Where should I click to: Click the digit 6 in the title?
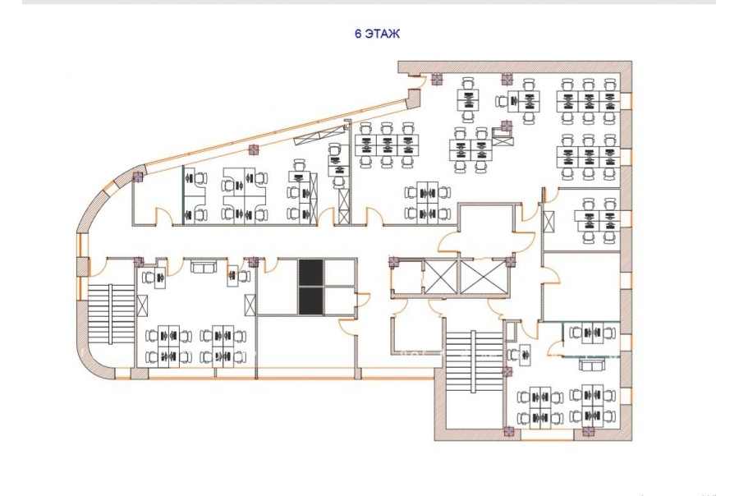point(358,34)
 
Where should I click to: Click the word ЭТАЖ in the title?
point(382,34)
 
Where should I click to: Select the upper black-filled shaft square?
point(310,273)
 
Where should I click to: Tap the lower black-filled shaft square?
point(310,301)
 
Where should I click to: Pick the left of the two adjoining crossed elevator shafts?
point(442,277)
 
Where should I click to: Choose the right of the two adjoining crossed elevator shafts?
point(483,277)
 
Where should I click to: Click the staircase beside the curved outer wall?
point(111,314)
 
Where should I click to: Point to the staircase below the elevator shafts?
point(474,362)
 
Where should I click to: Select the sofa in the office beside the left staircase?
point(204,268)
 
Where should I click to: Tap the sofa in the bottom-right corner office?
point(593,364)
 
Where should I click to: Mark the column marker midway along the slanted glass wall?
point(254,150)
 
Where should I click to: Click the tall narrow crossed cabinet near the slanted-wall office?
point(345,206)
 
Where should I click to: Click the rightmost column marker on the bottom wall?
point(588,431)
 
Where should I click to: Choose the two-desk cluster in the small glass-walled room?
point(592,333)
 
